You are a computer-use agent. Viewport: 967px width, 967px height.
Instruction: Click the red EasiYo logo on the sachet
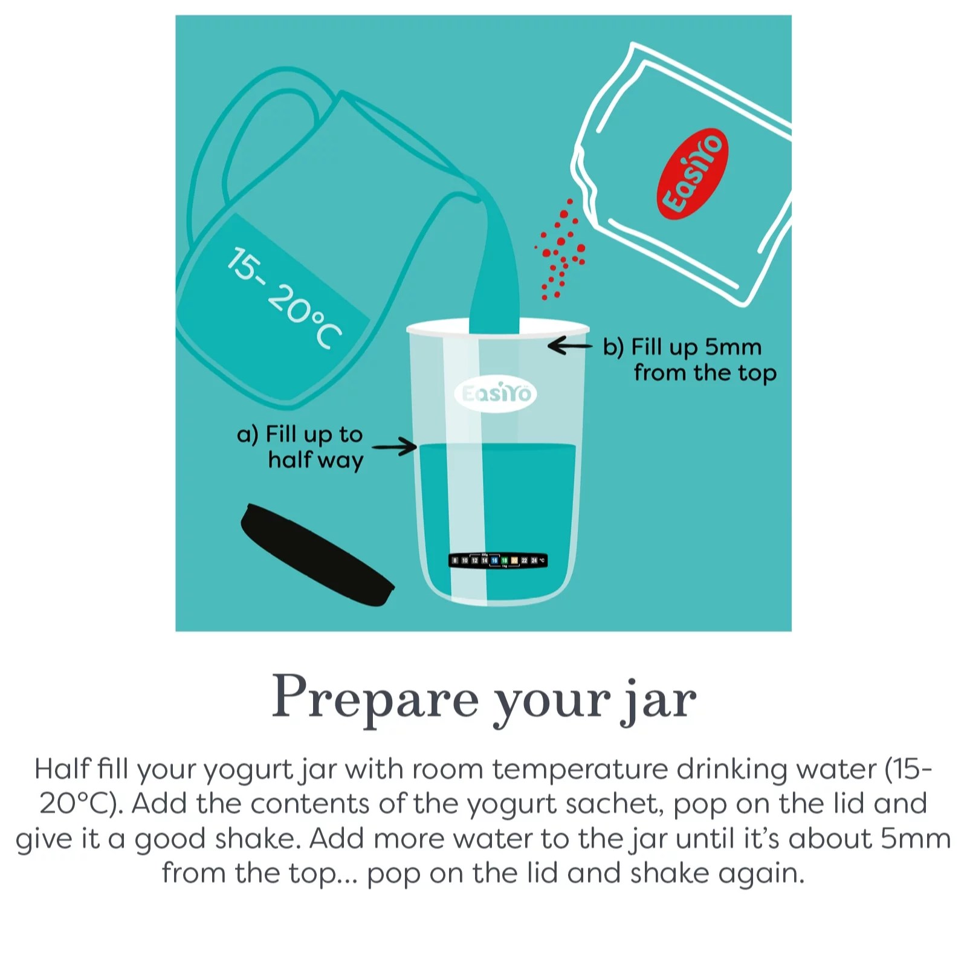693,173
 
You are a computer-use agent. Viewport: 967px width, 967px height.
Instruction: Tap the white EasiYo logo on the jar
496,394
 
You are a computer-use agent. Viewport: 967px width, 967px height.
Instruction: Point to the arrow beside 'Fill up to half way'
394,447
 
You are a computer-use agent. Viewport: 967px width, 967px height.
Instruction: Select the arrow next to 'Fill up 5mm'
569,346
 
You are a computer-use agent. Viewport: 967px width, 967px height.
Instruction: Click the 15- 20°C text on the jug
284,297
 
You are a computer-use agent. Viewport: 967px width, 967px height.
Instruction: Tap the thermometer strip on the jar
498,560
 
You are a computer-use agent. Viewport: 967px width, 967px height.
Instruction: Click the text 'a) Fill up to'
300,434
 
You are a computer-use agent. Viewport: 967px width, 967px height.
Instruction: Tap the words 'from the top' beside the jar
705,373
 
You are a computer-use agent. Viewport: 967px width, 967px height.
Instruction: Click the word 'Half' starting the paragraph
62,769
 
